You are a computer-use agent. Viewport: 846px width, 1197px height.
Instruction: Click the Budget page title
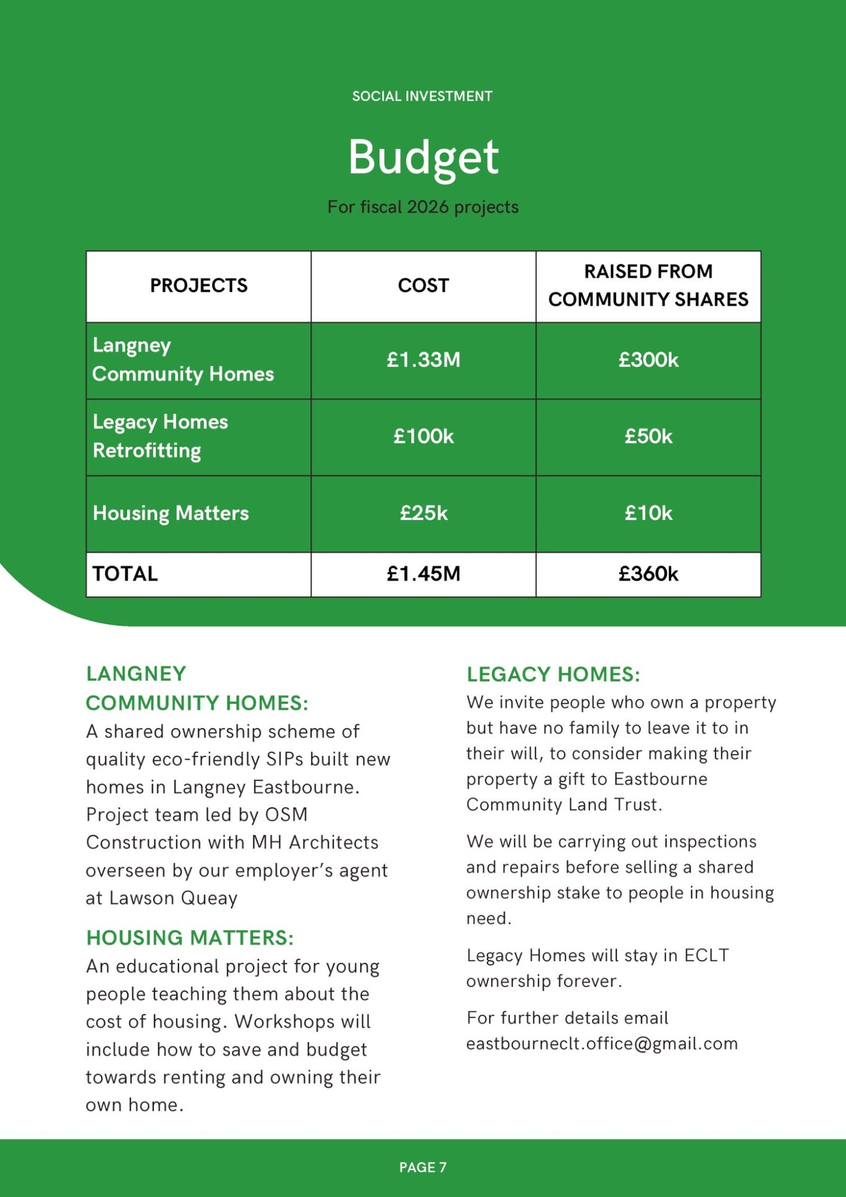423,157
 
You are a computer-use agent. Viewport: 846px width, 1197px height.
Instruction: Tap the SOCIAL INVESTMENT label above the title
422,96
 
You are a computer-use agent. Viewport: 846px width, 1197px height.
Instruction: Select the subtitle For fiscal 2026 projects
423,207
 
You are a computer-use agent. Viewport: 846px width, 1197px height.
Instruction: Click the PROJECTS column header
198,286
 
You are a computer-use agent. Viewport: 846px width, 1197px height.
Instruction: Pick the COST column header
423,286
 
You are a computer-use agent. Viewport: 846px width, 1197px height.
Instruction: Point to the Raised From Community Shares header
648,286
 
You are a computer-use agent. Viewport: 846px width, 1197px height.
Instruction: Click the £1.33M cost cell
423,360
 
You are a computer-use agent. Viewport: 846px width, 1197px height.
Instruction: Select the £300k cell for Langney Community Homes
648,360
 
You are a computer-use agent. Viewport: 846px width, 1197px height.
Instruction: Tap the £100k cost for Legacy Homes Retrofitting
423,437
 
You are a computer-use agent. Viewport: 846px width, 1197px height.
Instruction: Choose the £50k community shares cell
648,437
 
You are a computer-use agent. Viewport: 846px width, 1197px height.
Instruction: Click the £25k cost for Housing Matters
423,513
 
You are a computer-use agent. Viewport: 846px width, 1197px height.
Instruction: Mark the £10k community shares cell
648,513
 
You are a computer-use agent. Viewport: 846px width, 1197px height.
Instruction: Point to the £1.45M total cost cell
423,574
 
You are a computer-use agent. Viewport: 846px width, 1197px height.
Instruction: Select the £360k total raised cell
648,574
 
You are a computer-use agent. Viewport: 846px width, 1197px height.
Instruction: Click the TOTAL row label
125,574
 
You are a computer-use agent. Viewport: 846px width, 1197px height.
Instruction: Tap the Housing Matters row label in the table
170,513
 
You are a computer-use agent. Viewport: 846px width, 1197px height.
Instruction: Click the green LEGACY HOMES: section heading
553,675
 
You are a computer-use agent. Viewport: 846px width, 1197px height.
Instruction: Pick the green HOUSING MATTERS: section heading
190,938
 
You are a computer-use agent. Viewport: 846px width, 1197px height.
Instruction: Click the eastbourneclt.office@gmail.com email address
602,1044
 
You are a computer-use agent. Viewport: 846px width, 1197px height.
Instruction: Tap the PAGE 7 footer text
422,1167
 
